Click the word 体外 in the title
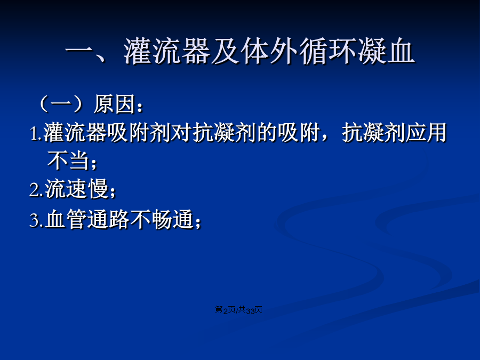(269, 51)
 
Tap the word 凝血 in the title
(386, 51)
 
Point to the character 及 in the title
(226, 51)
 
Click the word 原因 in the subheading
(115, 104)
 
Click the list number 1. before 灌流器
(36, 133)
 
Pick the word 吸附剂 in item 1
(139, 133)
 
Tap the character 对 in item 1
(181, 133)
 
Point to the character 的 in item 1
(267, 133)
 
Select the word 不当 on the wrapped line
(68, 160)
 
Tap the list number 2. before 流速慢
(36, 190)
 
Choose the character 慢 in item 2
(98, 189)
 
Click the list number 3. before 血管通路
(36, 220)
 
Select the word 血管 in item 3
(66, 219)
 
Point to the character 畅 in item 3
(162, 219)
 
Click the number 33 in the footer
(250, 310)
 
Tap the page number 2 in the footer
(226, 310)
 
